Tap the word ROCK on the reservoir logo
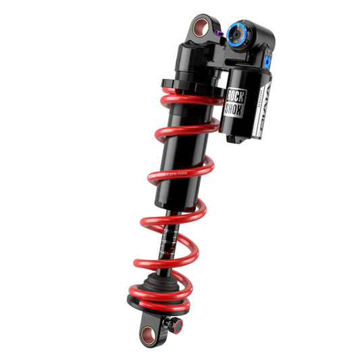click(236, 96)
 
